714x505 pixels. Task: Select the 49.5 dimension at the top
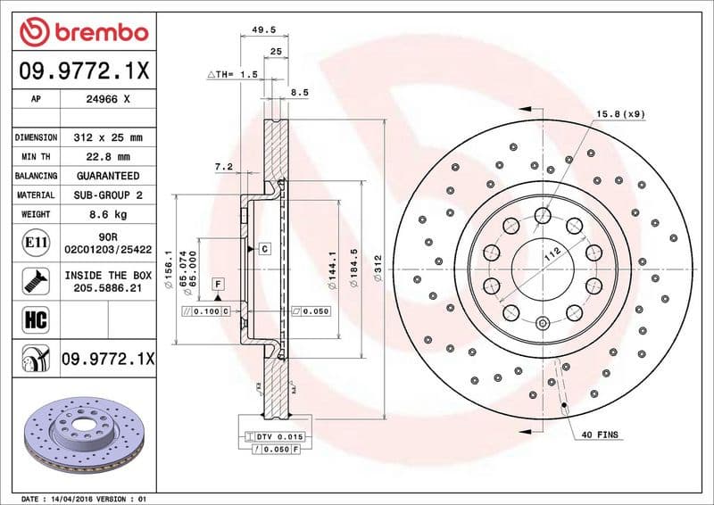[262, 29]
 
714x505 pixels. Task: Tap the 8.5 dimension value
[300, 92]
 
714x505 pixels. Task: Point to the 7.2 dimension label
[223, 167]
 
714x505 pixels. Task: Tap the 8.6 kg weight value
[107, 214]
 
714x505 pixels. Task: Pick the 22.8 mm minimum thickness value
[107, 157]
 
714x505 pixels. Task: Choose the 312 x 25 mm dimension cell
[107, 138]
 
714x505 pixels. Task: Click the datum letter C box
[265, 249]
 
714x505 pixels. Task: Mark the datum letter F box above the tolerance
[217, 284]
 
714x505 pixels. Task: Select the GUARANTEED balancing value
[107, 176]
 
